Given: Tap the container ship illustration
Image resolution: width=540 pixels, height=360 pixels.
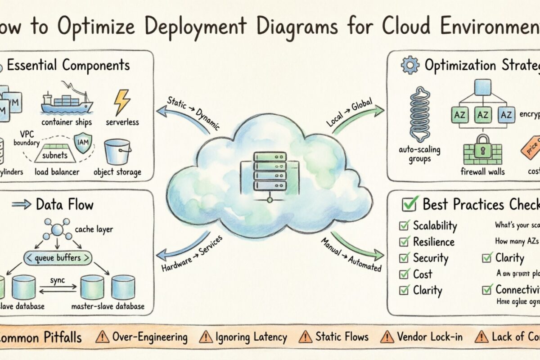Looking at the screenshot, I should click(x=66, y=101).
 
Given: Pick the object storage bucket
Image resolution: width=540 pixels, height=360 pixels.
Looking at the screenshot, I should click(x=117, y=152).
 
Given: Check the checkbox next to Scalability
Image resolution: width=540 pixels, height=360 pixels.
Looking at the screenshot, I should click(x=404, y=225).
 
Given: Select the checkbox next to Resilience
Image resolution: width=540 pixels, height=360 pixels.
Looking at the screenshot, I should click(x=404, y=242).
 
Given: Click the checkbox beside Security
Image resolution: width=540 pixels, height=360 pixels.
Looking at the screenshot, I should click(x=404, y=258).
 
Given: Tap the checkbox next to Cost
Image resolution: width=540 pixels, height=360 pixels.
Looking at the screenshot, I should click(x=404, y=274).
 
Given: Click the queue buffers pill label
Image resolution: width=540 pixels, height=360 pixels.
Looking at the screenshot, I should click(x=58, y=258).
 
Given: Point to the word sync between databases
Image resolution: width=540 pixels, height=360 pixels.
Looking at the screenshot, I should click(x=57, y=280).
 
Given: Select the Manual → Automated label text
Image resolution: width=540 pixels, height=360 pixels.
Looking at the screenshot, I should click(x=351, y=255).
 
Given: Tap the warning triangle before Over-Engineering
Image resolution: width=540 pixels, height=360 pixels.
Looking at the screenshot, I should click(x=103, y=337).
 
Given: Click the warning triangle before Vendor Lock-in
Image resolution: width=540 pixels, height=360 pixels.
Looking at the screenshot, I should click(x=387, y=337).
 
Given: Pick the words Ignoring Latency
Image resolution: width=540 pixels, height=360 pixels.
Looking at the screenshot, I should click(x=251, y=337).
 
